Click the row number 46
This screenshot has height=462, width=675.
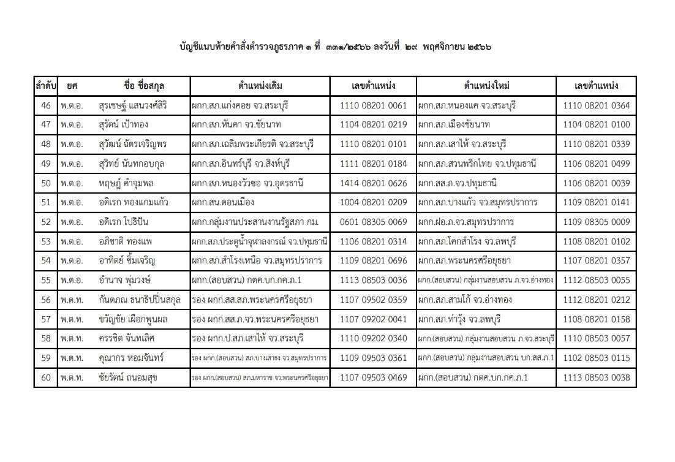[45, 105]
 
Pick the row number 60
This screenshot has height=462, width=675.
[45, 377]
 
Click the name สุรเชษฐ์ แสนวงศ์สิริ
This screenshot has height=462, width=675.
[132, 105]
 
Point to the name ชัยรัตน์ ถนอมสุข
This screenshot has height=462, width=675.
[127, 377]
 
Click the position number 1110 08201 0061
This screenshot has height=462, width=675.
[373, 105]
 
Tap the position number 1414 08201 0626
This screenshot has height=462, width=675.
[373, 183]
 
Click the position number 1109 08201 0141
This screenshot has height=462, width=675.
[597, 202]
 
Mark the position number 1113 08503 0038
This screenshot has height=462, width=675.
[597, 377]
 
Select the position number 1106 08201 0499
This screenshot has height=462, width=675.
[597, 164]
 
